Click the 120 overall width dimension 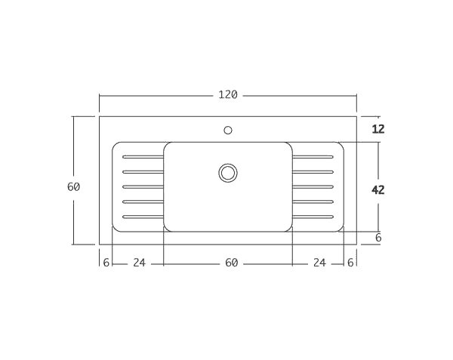coord(228,95)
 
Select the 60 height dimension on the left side coord(73,187)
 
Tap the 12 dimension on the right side coord(378,129)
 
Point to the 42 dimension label coord(378,190)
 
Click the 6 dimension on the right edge coord(378,238)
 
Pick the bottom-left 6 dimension coord(106,263)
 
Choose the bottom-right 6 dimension coord(350,263)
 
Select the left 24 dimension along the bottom coord(139,263)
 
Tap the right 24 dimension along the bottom coord(319,263)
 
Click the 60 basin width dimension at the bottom coord(231,263)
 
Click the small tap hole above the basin coord(228,130)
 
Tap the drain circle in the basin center coord(228,173)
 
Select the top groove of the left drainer coord(143,157)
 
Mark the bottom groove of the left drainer coord(143,217)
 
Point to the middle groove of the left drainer coord(143,186)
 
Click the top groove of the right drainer coord(313,157)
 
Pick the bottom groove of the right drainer coord(313,217)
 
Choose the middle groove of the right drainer coord(313,186)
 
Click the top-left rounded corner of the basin coord(167,145)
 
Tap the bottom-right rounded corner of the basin coord(289,229)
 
